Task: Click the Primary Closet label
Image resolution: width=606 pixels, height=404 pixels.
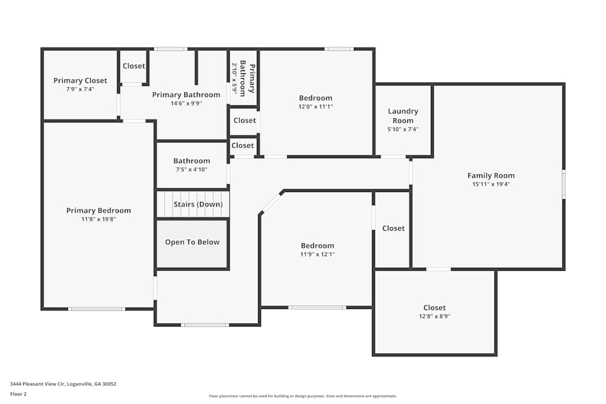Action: pos(80,81)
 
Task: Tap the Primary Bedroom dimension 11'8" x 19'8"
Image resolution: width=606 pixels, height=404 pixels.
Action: pos(98,219)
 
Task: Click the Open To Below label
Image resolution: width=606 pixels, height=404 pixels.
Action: pos(192,242)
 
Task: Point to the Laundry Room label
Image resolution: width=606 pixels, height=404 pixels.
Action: pos(403,116)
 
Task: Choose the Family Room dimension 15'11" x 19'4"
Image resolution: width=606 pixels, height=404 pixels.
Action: pos(491,184)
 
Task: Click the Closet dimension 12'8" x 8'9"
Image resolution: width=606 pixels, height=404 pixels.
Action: pos(435,316)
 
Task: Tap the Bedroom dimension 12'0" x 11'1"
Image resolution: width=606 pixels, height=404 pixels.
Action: pos(316,107)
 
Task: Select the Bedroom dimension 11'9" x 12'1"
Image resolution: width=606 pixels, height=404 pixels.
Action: pos(318,254)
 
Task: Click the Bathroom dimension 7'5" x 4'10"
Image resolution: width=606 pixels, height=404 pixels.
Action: pos(191,170)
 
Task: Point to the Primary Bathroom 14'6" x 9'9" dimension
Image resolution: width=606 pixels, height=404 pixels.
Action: pos(186,103)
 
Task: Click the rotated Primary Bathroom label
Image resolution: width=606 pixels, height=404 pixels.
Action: pos(247,78)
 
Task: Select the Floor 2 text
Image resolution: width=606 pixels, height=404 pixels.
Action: pos(18,394)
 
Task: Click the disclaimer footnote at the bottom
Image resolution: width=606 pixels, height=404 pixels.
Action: pos(302,396)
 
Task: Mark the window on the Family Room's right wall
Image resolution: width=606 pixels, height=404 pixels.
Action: pos(564,184)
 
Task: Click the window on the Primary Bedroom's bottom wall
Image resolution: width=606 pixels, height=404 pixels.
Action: pos(96,309)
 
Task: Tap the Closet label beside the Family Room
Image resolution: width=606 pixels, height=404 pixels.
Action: pos(393,228)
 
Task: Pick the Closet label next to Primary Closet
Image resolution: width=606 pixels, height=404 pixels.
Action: pos(134,66)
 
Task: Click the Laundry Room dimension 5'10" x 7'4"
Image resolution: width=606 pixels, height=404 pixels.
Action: pos(403,129)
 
